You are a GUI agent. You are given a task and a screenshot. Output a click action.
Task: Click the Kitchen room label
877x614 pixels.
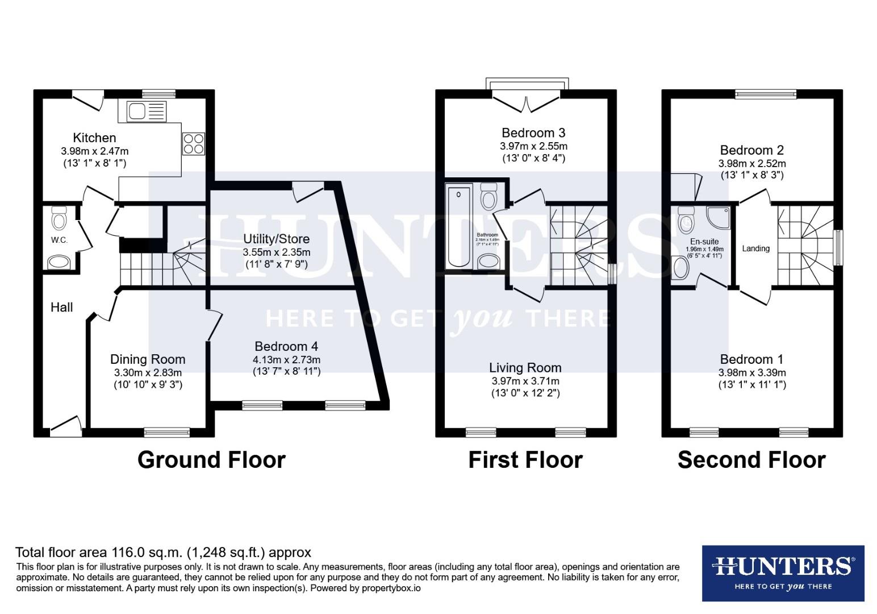pyautogui.click(x=94, y=138)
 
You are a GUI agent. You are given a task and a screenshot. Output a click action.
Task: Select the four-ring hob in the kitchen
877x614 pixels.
pyautogui.click(x=193, y=143)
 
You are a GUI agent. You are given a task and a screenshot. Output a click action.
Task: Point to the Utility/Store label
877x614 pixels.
pyautogui.click(x=276, y=239)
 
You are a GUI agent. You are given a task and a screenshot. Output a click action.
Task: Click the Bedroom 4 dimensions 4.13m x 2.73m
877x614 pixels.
pyautogui.click(x=286, y=359)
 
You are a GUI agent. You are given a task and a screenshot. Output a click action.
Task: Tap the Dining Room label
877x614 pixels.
pyautogui.click(x=148, y=359)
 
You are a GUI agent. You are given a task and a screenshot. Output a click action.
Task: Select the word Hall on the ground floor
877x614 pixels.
pyautogui.click(x=61, y=308)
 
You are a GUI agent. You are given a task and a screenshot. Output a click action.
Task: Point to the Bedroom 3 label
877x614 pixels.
pyautogui.click(x=533, y=133)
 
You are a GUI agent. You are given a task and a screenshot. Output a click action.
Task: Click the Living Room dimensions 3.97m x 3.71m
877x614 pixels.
pyautogui.click(x=525, y=381)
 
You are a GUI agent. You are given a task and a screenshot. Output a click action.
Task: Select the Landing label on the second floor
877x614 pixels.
pyautogui.click(x=755, y=248)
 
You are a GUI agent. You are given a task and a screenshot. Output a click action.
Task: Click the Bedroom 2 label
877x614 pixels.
pyautogui.click(x=751, y=150)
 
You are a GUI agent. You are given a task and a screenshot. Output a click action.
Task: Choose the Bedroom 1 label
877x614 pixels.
pyautogui.click(x=751, y=359)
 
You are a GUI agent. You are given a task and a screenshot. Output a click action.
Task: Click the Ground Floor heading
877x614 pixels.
pyautogui.click(x=211, y=459)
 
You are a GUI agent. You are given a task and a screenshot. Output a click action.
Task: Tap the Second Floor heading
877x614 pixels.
pyautogui.click(x=751, y=459)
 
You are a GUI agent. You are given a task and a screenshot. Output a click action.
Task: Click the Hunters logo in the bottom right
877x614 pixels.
pyautogui.click(x=783, y=573)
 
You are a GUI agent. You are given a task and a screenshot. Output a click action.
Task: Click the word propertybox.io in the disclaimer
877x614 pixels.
pyautogui.click(x=391, y=588)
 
